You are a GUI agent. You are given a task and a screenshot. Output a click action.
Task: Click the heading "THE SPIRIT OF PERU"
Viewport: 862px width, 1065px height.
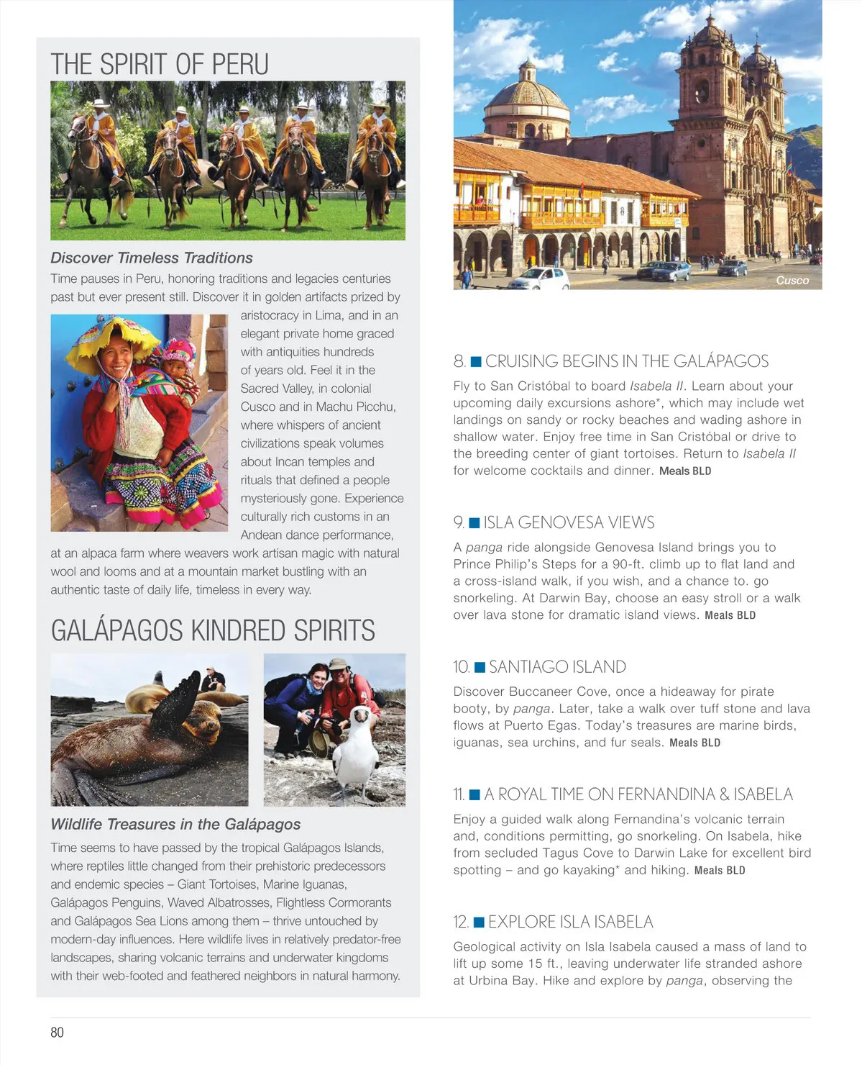160,65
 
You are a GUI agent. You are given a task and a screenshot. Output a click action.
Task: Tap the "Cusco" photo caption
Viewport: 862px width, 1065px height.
792,281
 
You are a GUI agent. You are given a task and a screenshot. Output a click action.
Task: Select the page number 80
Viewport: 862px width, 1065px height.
57,1032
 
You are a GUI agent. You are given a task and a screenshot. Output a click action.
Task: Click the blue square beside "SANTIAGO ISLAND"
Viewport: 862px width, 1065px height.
480,667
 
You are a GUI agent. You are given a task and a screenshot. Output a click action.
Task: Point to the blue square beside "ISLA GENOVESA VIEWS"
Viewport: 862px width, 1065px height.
474,522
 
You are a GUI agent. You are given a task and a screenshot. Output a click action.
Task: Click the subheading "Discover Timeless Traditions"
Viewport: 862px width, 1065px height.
152,258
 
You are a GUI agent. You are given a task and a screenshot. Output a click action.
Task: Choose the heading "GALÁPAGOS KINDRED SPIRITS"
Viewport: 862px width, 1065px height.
213,630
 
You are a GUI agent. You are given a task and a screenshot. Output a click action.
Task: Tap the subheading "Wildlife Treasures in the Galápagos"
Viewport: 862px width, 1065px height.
175,824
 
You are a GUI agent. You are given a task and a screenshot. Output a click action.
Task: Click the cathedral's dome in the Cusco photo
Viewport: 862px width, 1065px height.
528,94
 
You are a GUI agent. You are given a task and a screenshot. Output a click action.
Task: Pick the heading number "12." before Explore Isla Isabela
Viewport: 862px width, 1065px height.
461,922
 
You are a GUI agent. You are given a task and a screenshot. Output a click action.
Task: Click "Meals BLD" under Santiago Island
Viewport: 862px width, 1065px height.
694,743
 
